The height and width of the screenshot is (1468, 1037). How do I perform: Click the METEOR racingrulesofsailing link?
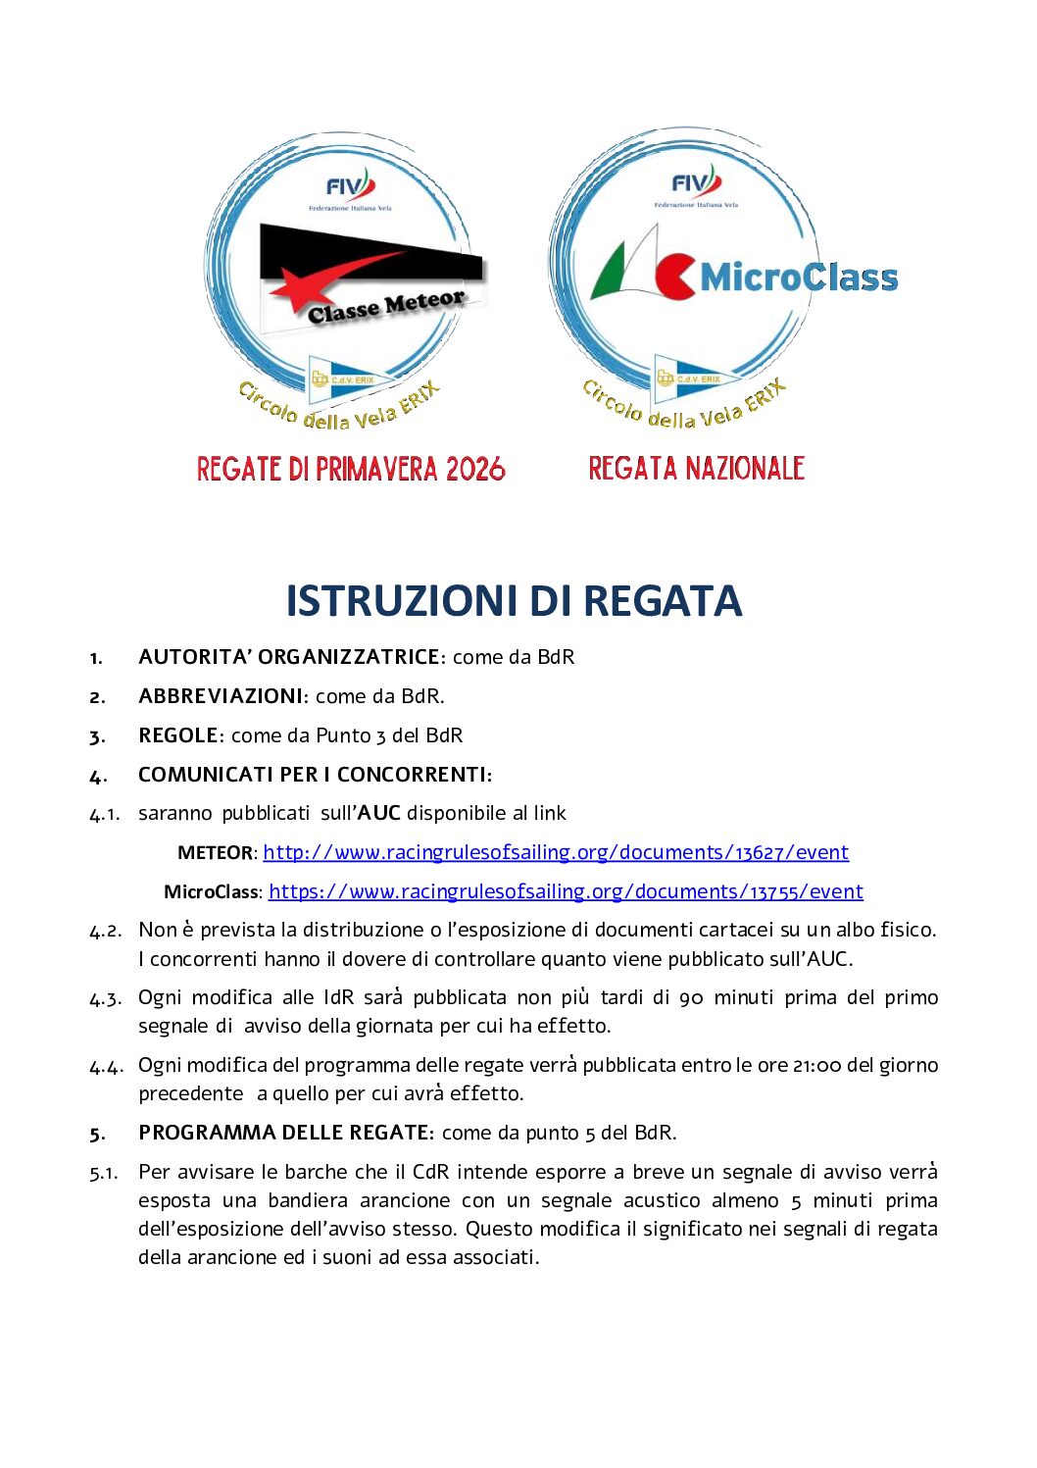(555, 852)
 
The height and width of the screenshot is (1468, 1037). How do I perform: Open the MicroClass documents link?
(566, 891)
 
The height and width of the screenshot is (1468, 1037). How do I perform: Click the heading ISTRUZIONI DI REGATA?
(514, 601)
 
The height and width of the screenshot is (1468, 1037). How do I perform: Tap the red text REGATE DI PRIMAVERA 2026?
(351, 469)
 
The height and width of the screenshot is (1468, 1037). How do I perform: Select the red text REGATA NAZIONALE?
(696, 468)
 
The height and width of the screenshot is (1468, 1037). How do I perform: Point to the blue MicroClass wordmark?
(799, 278)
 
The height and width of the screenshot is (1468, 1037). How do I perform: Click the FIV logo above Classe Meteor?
(350, 185)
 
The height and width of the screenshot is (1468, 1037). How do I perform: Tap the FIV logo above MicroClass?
(696, 182)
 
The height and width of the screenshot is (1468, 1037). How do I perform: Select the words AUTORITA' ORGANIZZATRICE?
(289, 657)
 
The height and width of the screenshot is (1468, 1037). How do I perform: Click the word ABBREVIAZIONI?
(221, 696)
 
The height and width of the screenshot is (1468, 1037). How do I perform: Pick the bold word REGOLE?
(177, 735)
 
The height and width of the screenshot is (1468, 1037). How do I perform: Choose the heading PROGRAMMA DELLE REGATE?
(283, 1133)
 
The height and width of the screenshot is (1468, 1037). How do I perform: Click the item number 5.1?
(104, 1172)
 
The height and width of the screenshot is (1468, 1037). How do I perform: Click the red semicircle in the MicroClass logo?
(674, 277)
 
